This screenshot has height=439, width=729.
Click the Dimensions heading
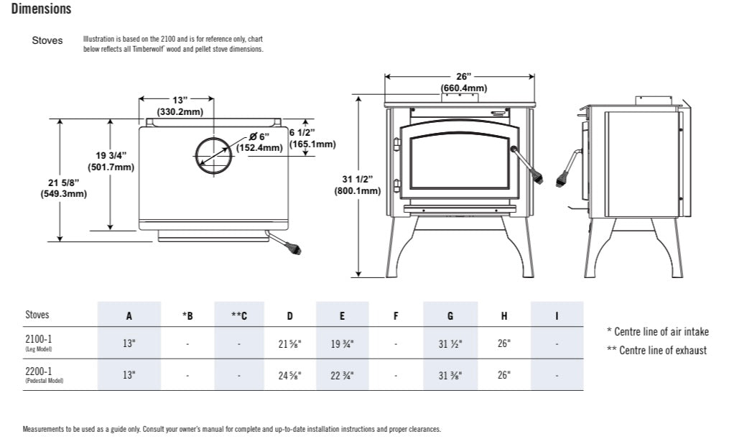pos(41,9)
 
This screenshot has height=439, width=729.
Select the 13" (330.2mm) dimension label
pos(180,106)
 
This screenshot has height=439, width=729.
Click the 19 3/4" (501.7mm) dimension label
pos(111,162)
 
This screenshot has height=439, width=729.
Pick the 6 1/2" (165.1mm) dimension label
pos(312,138)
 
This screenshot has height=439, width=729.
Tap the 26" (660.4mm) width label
pos(463,83)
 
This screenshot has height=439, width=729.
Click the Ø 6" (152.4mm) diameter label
pos(259,142)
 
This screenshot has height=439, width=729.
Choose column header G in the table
pos(450,315)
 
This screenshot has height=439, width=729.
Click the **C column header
pos(239,315)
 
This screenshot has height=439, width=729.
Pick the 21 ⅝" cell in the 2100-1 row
pos(289,343)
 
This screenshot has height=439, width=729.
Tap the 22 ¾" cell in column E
pos(342,375)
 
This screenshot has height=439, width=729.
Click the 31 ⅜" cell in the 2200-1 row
pos(450,375)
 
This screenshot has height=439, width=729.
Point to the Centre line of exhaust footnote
pos(656,351)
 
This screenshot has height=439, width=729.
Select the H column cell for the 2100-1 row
pos(504,343)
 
